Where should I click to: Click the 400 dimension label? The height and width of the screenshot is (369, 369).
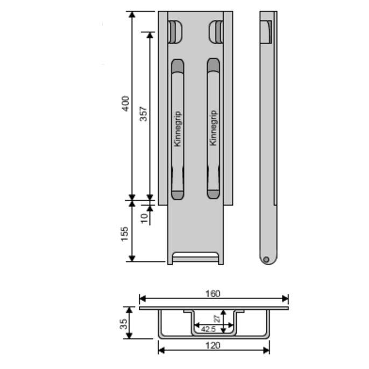tap(126, 103)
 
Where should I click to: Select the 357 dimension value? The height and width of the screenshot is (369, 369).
tap(143, 114)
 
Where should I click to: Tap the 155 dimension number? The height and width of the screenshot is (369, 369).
tap(124, 233)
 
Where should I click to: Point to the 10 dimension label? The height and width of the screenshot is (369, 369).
tap(144, 218)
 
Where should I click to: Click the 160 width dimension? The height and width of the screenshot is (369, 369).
tap(213, 294)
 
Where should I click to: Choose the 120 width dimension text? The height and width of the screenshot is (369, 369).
tap(213, 345)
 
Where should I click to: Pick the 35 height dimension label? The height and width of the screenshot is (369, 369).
tap(124, 324)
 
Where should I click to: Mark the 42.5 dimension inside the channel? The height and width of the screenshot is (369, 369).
tap(209, 329)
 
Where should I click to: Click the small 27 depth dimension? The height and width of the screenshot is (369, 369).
tap(218, 318)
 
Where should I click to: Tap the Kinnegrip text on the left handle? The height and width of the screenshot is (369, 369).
tap(178, 129)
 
